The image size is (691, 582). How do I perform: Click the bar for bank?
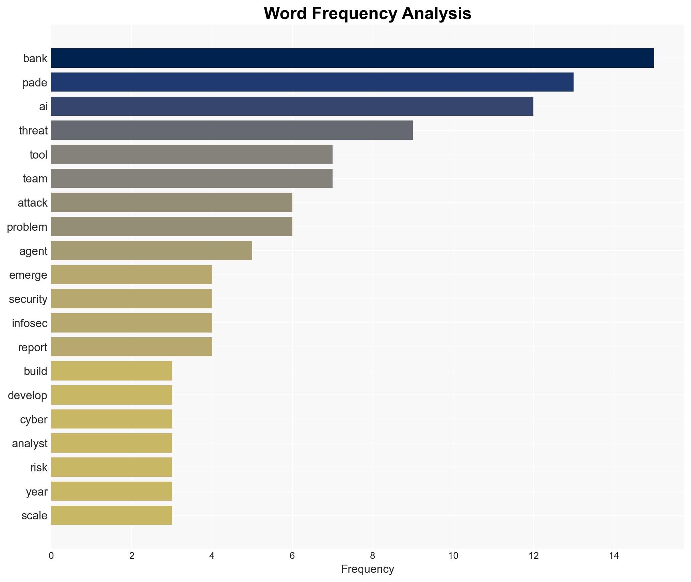pyautogui.click(x=352, y=58)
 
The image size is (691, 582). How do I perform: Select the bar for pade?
pyautogui.click(x=312, y=82)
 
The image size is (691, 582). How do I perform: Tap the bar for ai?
pyautogui.click(x=292, y=107)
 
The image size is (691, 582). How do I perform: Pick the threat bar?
pyautogui.click(x=232, y=130)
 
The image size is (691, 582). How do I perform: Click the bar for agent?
pyautogui.click(x=151, y=251)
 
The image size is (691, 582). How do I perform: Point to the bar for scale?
pyautogui.click(x=111, y=515)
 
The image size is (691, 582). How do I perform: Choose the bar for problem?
pyautogui.click(x=172, y=227)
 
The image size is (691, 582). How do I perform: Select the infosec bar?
pyautogui.click(x=131, y=323)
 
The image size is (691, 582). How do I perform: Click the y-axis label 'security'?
pyautogui.click(x=28, y=299)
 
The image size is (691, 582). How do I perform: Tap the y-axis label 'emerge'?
pyautogui.click(x=28, y=275)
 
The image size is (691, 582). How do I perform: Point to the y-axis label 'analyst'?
pyautogui.click(x=30, y=443)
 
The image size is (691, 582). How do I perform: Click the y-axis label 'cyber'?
pyautogui.click(x=34, y=420)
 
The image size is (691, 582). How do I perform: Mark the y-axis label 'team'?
pyautogui.click(x=35, y=179)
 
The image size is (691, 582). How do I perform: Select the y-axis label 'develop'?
pyautogui.click(x=28, y=395)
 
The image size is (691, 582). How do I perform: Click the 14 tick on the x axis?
pyautogui.click(x=614, y=556)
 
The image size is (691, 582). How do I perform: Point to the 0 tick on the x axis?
pyautogui.click(x=51, y=556)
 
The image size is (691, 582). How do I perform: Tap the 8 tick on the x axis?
pyautogui.click(x=372, y=556)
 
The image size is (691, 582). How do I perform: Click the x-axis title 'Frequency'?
pyautogui.click(x=367, y=569)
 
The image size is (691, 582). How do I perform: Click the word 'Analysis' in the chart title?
pyautogui.click(x=436, y=14)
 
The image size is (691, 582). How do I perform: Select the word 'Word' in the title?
pyautogui.click(x=285, y=14)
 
